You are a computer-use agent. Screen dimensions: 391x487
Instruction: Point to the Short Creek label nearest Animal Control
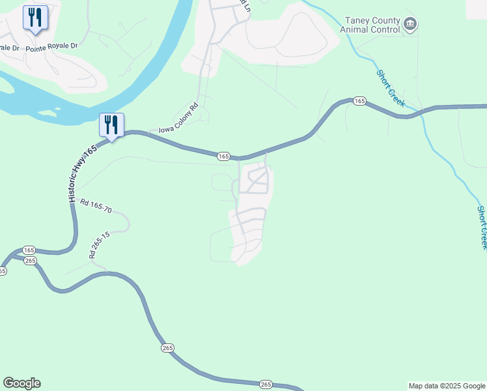point(391,89)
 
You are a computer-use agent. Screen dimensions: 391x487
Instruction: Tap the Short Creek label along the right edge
point(482,227)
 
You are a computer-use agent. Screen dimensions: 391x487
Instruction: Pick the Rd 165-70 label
point(96,207)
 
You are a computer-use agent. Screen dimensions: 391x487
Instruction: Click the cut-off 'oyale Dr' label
point(10,47)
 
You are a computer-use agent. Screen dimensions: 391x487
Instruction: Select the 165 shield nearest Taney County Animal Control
point(359,101)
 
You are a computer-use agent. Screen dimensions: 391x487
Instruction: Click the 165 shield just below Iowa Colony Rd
point(223,156)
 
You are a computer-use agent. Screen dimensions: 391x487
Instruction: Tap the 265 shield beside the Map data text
point(266,384)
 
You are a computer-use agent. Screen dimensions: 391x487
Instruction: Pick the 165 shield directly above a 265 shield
point(29,250)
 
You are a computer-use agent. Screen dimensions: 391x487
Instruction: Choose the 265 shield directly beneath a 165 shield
point(30,261)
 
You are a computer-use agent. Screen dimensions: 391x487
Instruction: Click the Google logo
point(21,383)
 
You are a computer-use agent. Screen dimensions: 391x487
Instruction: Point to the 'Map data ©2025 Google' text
point(446,386)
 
